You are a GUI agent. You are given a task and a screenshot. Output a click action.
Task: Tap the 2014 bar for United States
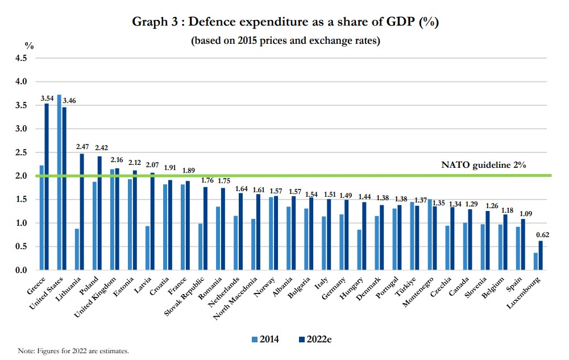59,182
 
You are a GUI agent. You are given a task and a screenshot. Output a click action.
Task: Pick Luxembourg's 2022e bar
541,255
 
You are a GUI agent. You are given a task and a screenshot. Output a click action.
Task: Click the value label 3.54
47,99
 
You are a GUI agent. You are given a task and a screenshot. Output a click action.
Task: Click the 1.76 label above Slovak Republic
207,181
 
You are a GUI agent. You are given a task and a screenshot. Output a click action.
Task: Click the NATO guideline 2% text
483,165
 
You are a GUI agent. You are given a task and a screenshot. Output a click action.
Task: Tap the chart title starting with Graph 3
284,23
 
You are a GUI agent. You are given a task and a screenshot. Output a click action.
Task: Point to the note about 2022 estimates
73,351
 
